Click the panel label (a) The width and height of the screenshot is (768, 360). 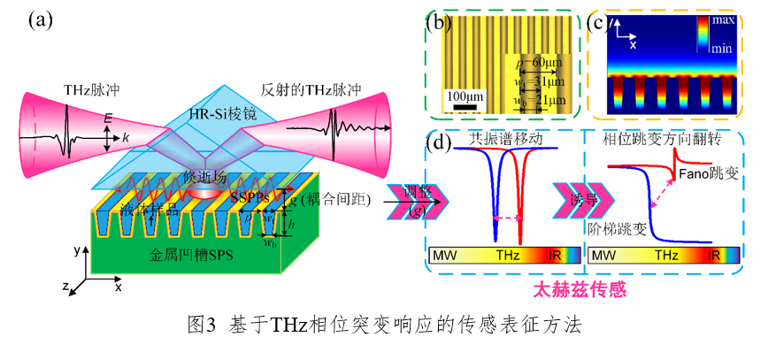[x=41, y=19]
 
